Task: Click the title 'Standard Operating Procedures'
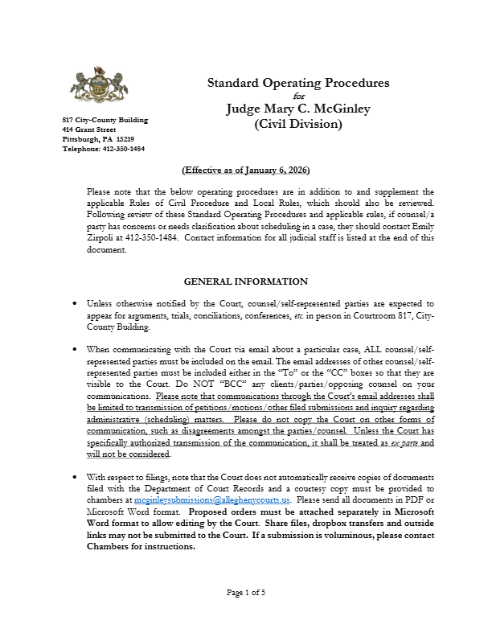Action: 298,83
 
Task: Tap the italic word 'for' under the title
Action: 299,97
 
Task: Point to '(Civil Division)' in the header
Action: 298,125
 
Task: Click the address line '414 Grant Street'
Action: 89,129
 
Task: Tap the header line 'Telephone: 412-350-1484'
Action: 104,149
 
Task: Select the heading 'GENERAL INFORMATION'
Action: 245,282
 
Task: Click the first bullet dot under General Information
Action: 75,305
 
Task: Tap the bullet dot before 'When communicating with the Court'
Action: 75,351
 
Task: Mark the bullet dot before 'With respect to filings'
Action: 75,478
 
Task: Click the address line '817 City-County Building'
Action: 105,120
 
